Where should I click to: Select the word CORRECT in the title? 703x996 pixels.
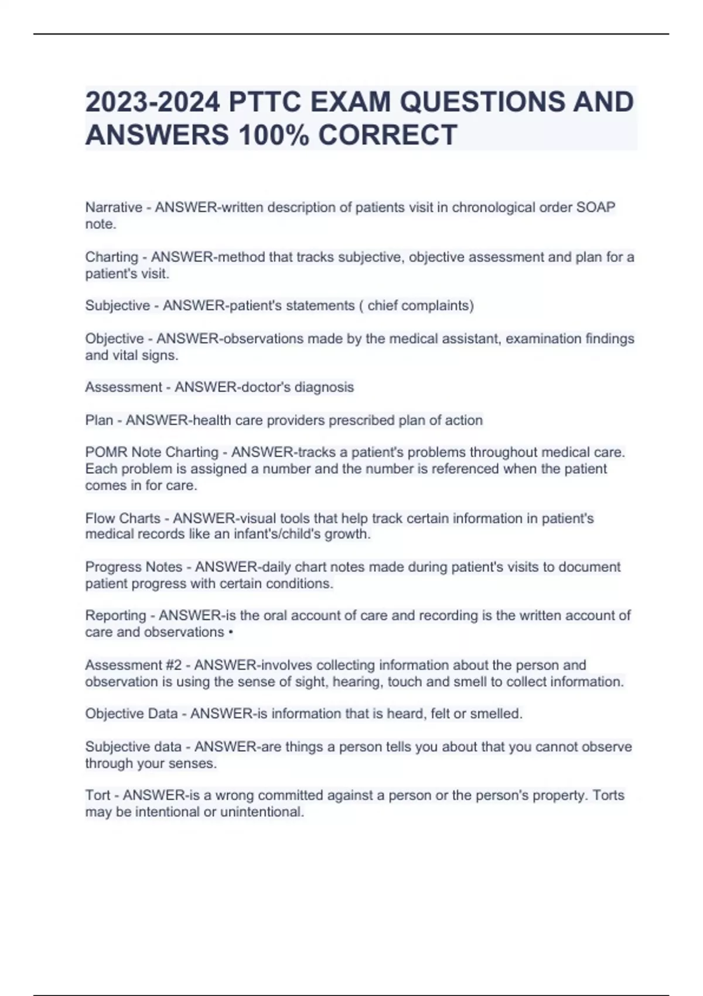pos(387,135)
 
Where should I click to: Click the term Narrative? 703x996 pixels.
pos(114,207)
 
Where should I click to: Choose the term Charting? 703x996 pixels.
pos(111,257)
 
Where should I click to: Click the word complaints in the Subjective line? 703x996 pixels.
pos(436,306)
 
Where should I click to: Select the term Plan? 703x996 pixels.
pos(99,420)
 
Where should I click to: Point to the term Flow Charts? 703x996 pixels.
pos(122,519)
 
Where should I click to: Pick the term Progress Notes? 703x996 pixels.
pos(134,567)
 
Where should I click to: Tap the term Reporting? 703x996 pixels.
pos(115,616)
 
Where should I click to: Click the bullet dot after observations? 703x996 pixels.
pos(231,633)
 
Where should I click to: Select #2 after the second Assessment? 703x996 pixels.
pos(174,666)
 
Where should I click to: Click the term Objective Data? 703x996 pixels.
pos(131,714)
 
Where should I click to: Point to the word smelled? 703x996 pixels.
pos(496,714)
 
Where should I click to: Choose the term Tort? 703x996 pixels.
pos(97,795)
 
